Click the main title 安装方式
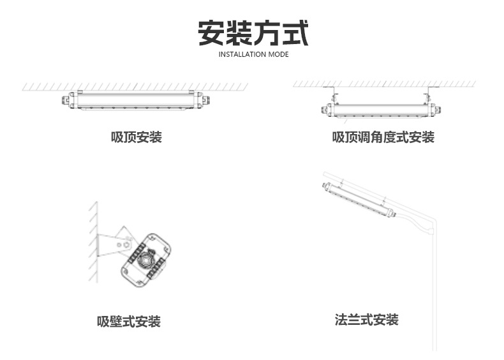253,33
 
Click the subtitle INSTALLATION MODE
254,54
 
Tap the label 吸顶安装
137,137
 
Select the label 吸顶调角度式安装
383,137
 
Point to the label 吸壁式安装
129,322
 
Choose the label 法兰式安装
366,320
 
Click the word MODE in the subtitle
278,54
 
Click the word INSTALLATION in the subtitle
242,54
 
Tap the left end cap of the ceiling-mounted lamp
68,100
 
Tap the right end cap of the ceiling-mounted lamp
203,100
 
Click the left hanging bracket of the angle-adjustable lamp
333,95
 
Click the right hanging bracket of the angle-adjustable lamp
428,95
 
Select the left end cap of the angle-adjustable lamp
327,110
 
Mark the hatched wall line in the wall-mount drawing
94,242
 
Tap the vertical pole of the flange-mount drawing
434,290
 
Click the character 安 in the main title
211,33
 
